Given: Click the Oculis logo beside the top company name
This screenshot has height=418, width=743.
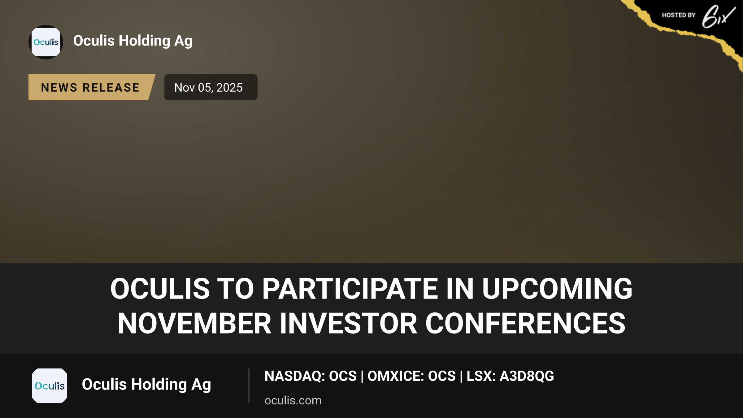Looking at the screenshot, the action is click(46, 42).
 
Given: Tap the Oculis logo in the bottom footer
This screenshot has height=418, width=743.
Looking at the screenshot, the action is click(50, 386).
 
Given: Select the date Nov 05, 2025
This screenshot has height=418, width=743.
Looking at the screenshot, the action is click(208, 88).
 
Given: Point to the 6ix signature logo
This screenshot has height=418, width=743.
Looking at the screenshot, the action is click(718, 16).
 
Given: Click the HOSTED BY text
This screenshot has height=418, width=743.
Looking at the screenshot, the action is click(679, 15).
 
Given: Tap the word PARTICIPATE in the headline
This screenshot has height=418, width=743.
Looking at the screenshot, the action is click(350, 289).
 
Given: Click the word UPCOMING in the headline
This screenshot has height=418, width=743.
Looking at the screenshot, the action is click(557, 289).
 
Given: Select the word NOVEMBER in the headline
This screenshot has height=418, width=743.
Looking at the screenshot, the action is click(194, 324).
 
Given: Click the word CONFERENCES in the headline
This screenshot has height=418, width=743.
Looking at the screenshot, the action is click(525, 324).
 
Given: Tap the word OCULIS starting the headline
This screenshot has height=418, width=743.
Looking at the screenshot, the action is click(160, 289).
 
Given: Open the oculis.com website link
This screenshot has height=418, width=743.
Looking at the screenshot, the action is click(293, 400).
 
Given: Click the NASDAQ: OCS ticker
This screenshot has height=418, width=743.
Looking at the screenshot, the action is click(311, 376).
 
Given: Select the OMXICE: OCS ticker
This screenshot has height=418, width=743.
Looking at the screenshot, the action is click(411, 376).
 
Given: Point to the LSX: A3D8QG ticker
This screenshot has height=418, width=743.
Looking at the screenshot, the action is click(510, 376).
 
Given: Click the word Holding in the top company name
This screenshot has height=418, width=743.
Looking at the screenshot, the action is click(145, 41).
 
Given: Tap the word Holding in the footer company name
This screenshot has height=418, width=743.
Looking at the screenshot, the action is click(159, 385).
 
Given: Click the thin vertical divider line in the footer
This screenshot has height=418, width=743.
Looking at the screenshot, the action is click(249, 386).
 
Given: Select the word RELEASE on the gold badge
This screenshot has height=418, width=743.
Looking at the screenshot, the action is click(111, 88).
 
